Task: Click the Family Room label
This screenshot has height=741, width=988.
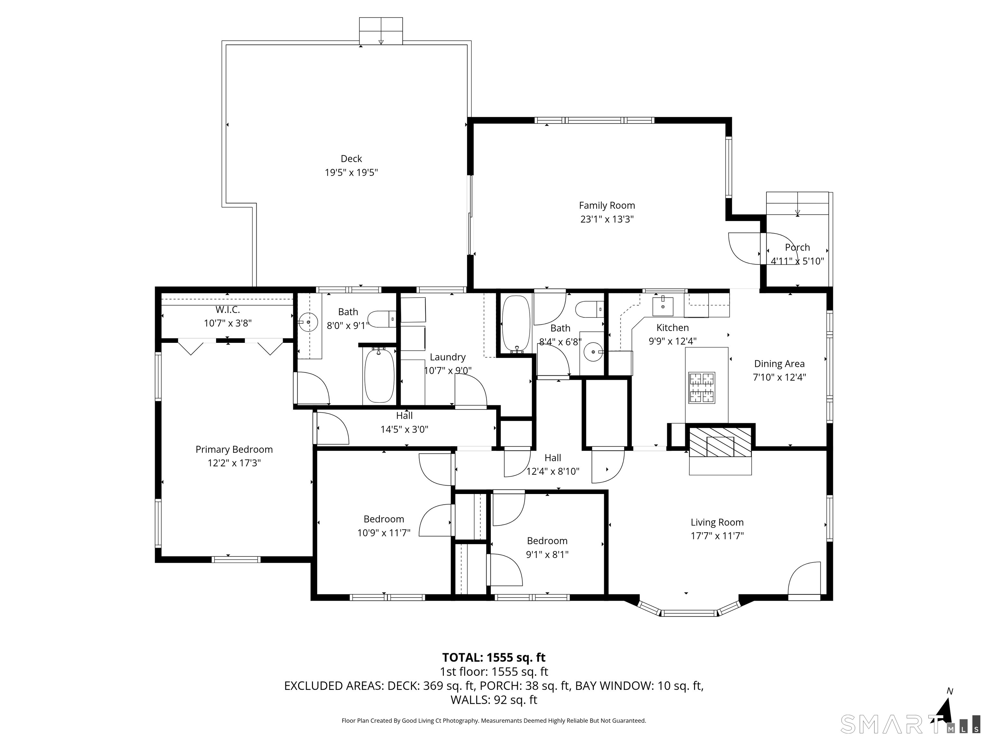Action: pos(607,206)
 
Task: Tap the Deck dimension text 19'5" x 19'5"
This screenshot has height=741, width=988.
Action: pos(351,172)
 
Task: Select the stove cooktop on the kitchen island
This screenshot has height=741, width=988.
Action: pos(702,388)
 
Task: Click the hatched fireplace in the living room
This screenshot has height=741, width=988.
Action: pos(720,442)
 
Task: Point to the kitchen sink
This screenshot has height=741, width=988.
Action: pos(663,306)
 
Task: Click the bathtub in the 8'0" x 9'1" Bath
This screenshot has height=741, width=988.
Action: pos(379,375)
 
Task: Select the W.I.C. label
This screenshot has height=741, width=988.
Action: pos(228,309)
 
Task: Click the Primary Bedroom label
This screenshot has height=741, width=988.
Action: pos(234,449)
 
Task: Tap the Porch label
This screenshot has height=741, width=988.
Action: pos(797,247)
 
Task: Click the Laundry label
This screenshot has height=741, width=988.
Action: pos(448,357)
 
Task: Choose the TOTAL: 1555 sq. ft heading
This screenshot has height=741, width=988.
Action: pos(494,657)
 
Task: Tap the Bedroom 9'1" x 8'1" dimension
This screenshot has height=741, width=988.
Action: pos(547,555)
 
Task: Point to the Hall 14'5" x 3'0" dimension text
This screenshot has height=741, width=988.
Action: pos(404,430)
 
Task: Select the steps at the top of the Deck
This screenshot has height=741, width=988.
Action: pos(381,31)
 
